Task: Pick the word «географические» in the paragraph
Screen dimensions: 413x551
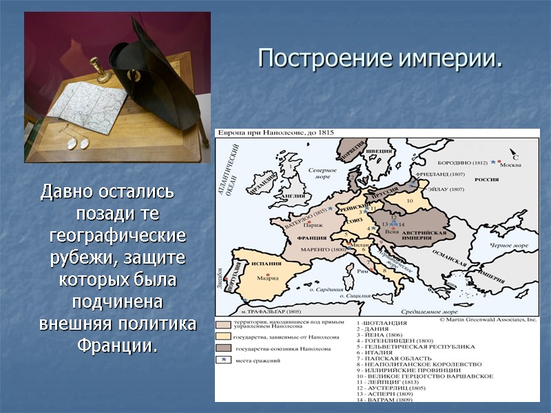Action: coord(117,235)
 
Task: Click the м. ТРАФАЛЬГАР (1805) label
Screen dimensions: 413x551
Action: coord(267,312)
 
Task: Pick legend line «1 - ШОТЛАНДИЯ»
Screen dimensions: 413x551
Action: coord(382,323)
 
